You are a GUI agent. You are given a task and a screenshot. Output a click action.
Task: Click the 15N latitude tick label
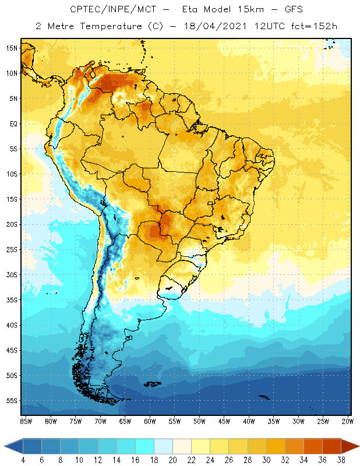pos(12,48)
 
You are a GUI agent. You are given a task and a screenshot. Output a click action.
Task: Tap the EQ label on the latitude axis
pos(13,123)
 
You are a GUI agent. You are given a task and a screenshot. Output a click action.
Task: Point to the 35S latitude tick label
pos(12,300)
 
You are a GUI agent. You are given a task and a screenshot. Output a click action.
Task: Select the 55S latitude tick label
pos(12,401)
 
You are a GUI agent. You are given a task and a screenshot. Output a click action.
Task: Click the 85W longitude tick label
pos(26,421)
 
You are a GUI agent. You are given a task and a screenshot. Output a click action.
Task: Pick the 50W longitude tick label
pos(200,421)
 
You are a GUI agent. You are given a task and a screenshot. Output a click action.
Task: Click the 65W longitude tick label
pos(125,421)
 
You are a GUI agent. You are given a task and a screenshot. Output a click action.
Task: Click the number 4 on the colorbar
pos(23,460)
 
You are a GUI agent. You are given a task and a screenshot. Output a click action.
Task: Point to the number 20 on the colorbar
pos(172,460)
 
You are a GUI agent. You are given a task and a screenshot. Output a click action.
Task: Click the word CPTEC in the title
pos(84,9)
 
